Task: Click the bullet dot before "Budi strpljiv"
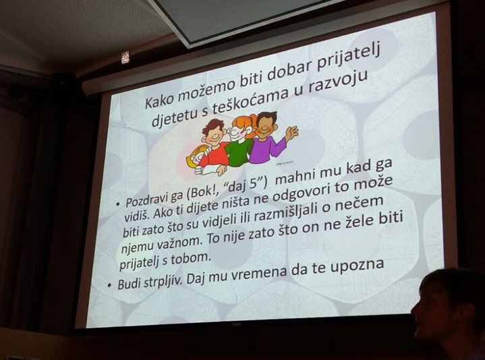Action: point(109,286)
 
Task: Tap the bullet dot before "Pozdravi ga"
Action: point(117,204)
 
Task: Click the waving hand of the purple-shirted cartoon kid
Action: point(291,133)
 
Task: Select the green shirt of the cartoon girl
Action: point(239,153)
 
